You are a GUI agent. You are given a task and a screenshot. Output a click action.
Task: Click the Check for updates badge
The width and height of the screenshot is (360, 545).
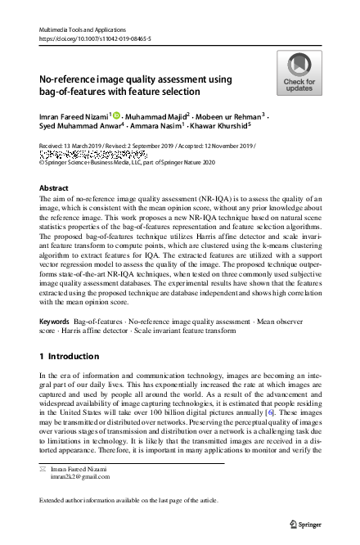tap(299, 73)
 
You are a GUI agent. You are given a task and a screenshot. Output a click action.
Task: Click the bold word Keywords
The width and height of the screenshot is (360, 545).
tap(55, 300)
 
